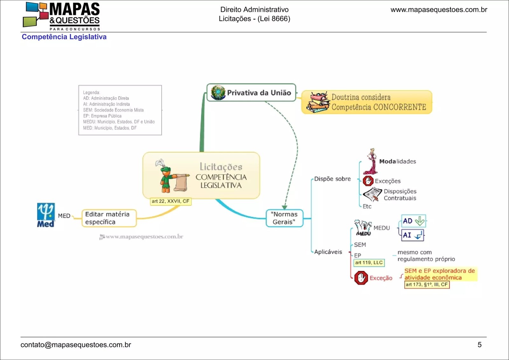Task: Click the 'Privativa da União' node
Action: coord(251,93)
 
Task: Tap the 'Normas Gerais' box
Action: coord(284,218)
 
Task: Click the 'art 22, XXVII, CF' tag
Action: coord(171,201)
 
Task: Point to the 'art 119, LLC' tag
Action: coord(369,263)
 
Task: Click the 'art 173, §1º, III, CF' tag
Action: coord(427,285)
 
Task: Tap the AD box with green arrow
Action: coord(413,221)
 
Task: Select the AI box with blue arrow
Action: coord(413,235)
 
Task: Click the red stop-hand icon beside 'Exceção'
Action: coord(361,278)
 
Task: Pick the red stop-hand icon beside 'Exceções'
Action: coord(368,181)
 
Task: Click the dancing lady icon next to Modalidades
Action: coord(371,161)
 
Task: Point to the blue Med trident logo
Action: coord(46,215)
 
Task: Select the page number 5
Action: coord(479,345)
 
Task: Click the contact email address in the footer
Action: coord(76,345)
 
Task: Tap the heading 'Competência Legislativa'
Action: coord(64,37)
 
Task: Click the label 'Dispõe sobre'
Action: coord(332,179)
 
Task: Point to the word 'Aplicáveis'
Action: coord(328,252)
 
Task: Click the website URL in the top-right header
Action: coord(439,10)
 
